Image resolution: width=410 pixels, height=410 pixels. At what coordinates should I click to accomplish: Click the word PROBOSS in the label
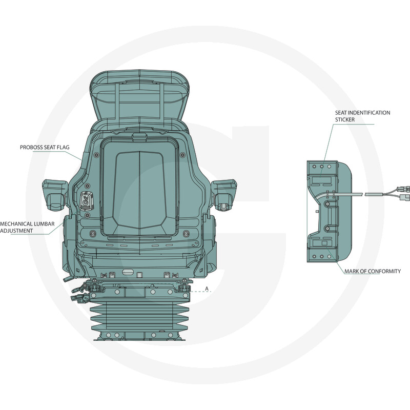pos(31,147)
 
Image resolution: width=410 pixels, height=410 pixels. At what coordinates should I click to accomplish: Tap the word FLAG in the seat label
pos(64,147)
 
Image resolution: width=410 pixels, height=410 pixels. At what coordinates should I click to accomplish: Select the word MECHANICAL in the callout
pos(16,224)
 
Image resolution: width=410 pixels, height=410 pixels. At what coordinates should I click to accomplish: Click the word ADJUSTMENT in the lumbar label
pos(16,231)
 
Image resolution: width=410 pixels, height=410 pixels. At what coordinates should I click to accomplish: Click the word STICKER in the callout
pos(345,119)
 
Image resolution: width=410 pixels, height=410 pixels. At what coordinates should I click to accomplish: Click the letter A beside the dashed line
pos(207,289)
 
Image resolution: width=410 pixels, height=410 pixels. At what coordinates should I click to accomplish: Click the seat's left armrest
pos(55,194)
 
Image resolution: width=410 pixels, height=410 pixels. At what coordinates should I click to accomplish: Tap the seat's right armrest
pos(224,194)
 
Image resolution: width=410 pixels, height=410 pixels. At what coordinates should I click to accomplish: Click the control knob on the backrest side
pos(86,201)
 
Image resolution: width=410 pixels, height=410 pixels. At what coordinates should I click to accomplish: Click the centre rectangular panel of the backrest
pos(139,190)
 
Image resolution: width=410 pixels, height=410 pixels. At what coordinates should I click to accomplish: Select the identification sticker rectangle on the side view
pos(322,180)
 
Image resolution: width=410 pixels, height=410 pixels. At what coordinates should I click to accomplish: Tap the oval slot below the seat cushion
pos(128,272)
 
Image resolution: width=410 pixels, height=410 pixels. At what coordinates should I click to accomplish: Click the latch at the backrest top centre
pos(139,136)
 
